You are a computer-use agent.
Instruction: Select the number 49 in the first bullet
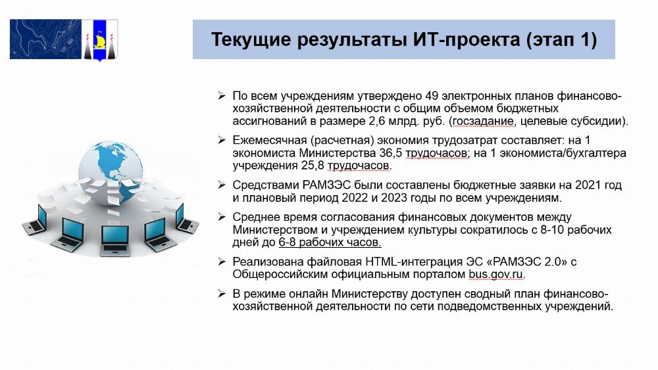pyautogui.click(x=432, y=96)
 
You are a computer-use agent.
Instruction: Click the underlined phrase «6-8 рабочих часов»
pyautogui.click(x=330, y=243)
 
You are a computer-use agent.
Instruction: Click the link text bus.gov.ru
pyautogui.click(x=496, y=275)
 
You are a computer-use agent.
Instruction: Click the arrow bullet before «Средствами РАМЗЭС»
pyautogui.click(x=222, y=185)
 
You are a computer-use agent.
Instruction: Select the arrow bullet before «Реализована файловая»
pyautogui.click(x=222, y=262)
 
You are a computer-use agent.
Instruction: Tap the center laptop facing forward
pyautogui.click(x=115, y=241)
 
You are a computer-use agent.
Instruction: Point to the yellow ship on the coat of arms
pyautogui.click(x=100, y=41)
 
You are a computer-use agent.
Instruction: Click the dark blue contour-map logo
pyautogui.click(x=45, y=39)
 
